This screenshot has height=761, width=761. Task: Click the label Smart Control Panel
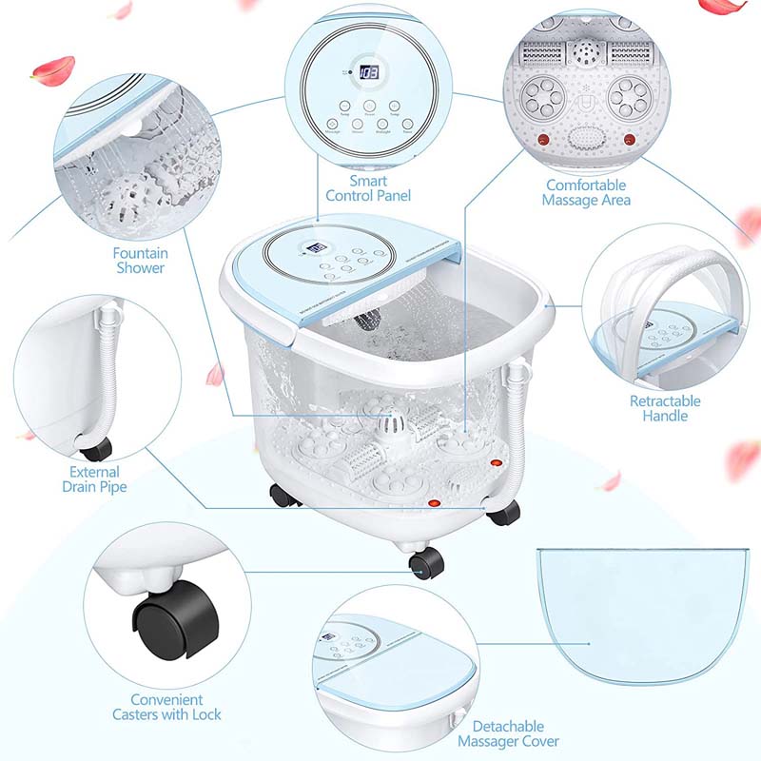click(368, 187)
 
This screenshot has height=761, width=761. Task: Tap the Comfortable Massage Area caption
click(586, 192)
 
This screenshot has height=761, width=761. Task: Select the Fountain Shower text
click(140, 260)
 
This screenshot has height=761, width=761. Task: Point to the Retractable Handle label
click(665, 408)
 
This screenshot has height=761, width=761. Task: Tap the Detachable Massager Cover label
click(508, 733)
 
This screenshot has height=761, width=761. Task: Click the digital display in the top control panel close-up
click(370, 71)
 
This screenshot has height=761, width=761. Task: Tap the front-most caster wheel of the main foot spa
click(426, 564)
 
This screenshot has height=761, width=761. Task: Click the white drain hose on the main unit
click(517, 419)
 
